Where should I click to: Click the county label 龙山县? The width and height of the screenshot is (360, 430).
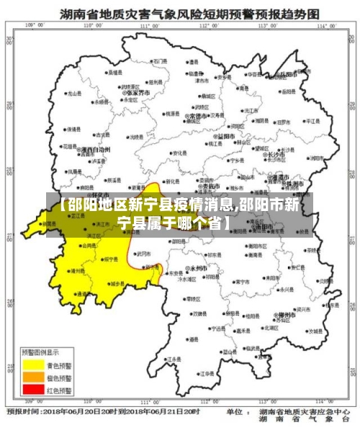pyautogui.click(x=73, y=94)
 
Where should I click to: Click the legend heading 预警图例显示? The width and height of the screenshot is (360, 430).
pyautogui.click(x=42, y=353)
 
